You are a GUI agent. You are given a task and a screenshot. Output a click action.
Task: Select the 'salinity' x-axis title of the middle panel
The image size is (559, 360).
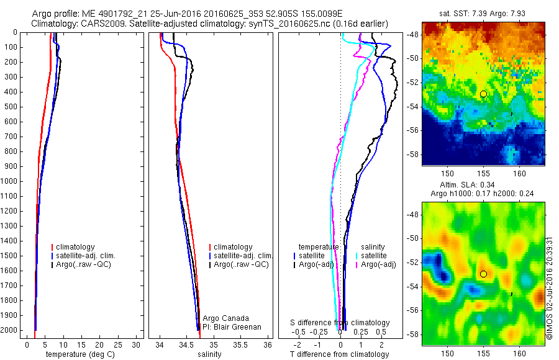pos(209,355)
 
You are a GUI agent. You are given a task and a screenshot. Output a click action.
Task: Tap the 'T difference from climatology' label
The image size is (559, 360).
pos(339,355)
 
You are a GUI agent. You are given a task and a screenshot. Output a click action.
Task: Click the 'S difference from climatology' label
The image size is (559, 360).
pos(340,323)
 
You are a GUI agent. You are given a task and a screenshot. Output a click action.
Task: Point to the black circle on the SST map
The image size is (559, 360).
pos(483,94)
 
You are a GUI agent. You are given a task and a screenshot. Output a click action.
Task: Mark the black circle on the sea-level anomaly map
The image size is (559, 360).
pos(483,274)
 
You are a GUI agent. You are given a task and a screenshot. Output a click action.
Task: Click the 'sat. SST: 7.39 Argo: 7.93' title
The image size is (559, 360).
pos(484,12)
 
